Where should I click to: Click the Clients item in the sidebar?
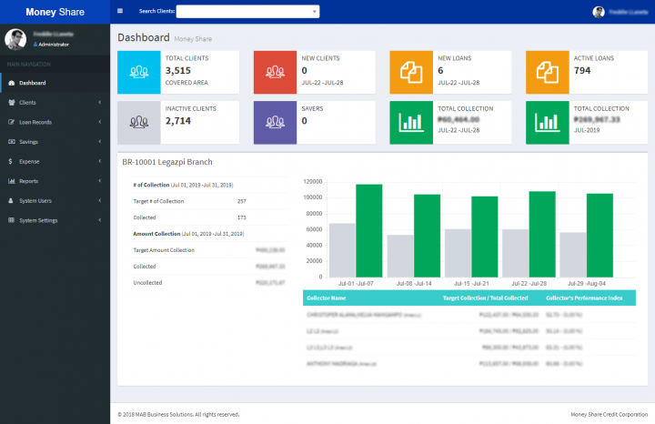27,103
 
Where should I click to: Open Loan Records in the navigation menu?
35,122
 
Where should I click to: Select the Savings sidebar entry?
28,142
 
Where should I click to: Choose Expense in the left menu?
29,161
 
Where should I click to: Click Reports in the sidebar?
28,181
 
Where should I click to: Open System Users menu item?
35,200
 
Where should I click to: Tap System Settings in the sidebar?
37,220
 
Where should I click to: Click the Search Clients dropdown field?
247,12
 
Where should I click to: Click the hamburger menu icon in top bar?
120,12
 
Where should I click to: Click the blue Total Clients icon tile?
140,72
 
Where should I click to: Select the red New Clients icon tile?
276,72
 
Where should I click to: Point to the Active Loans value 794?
582,70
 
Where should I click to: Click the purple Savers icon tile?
276,122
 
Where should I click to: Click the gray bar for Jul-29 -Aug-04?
572,254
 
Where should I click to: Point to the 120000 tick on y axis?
312,181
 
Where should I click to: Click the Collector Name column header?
327,298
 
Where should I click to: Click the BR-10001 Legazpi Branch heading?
167,162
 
